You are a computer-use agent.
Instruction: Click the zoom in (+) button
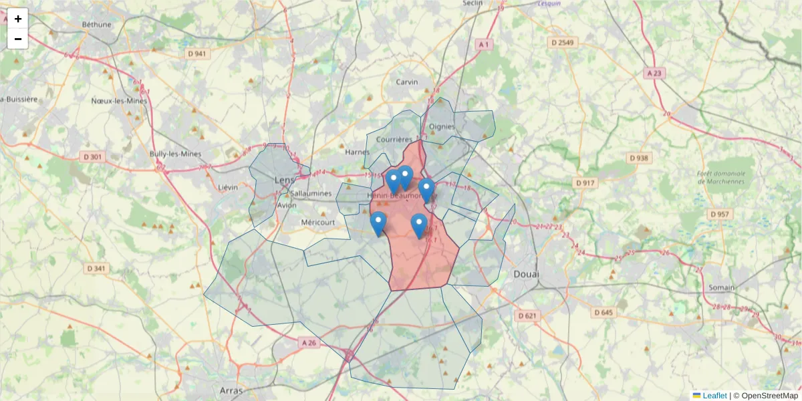click(x=18, y=19)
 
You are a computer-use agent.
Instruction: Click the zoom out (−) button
click(x=18, y=39)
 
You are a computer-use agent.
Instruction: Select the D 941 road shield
click(x=196, y=53)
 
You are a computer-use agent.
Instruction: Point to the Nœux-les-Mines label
click(x=119, y=101)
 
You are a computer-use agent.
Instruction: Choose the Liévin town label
click(x=228, y=188)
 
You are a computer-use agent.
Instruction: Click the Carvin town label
click(x=406, y=82)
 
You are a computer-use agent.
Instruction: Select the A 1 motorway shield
click(x=484, y=44)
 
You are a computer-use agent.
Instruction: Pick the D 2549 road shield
click(x=561, y=43)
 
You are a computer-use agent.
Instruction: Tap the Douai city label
click(x=527, y=274)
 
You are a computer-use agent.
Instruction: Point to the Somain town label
click(x=720, y=287)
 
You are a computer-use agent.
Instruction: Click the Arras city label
click(x=231, y=389)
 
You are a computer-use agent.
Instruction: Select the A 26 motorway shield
click(x=308, y=342)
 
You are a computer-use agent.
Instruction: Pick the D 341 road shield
click(x=96, y=269)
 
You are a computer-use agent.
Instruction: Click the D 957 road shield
click(x=719, y=214)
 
